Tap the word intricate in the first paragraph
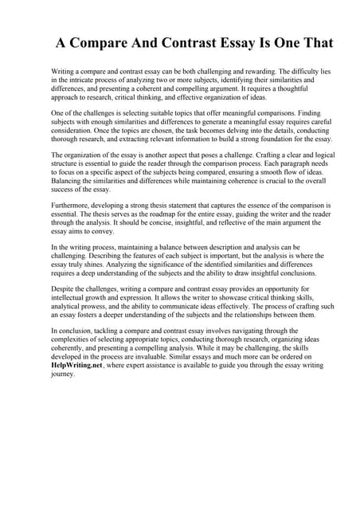tap(78, 80)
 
